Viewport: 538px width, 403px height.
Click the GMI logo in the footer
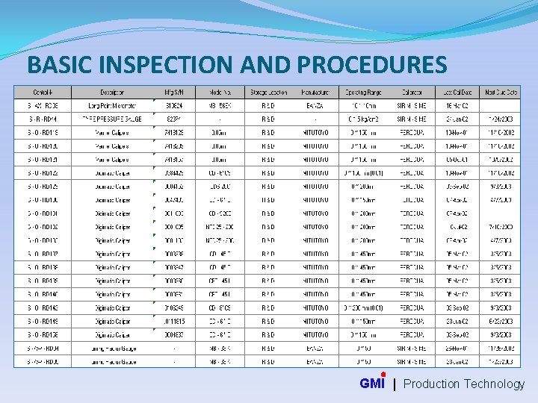click(372, 384)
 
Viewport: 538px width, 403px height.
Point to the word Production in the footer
click(431, 384)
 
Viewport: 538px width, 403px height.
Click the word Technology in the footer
click(494, 384)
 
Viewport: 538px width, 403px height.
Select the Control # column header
click(43, 93)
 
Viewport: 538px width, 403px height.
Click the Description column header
click(112, 93)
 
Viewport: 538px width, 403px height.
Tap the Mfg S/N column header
click(173, 93)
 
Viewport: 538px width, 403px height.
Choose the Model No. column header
click(220, 93)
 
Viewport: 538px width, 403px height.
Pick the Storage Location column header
click(268, 93)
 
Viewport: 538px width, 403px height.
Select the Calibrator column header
click(412, 93)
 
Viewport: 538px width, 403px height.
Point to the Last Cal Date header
click(456, 93)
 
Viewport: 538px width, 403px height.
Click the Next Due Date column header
click(500, 93)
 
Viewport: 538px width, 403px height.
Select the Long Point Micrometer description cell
click(112, 106)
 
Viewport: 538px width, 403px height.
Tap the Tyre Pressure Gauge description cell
click(112, 119)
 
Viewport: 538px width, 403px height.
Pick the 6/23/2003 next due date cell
click(500, 322)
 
